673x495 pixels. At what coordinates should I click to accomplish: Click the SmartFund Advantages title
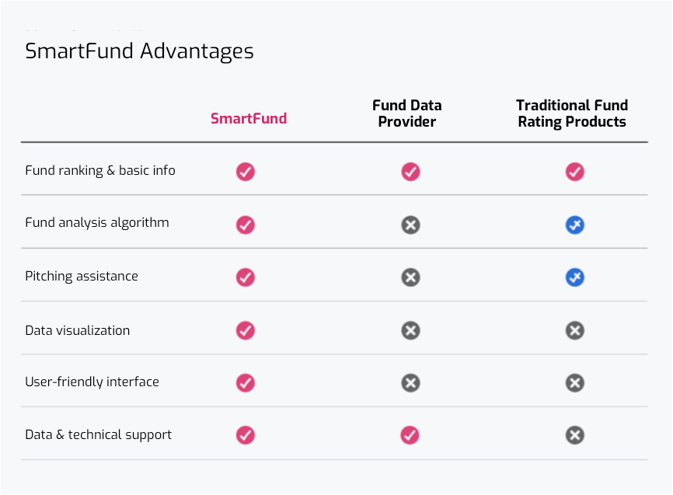click(139, 51)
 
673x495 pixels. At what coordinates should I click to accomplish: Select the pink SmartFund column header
click(249, 118)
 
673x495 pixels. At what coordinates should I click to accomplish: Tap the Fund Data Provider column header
click(407, 113)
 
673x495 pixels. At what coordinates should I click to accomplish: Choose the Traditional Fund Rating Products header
click(572, 113)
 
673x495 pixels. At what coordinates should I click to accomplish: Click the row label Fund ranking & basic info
click(100, 170)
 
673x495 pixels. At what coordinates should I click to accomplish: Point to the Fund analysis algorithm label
click(97, 223)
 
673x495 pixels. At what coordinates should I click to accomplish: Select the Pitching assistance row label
click(82, 276)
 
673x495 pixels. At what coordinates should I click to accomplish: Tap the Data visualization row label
click(77, 330)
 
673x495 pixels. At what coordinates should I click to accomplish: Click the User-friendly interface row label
click(92, 382)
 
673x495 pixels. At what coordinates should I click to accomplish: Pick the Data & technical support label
click(98, 435)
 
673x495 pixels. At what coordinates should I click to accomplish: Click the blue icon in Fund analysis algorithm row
click(575, 225)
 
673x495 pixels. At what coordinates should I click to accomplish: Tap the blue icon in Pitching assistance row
click(575, 277)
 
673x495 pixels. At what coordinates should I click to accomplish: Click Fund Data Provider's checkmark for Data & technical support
click(410, 435)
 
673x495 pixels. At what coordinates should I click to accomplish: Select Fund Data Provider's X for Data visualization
click(411, 330)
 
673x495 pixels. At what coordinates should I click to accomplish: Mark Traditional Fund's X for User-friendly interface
click(575, 383)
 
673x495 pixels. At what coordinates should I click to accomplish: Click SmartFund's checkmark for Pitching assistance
click(246, 277)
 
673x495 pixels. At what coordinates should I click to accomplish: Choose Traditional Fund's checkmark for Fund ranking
click(575, 172)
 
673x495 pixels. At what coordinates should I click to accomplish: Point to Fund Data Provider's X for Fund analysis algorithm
click(411, 225)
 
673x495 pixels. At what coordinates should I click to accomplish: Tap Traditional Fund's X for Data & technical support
click(575, 435)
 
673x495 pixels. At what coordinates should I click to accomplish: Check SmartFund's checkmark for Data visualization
click(246, 330)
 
